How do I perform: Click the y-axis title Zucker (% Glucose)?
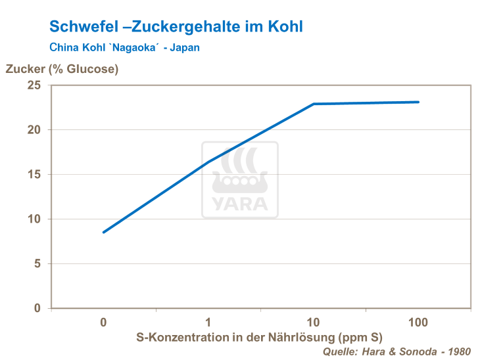tap(62, 69)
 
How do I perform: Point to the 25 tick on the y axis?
tap(34, 85)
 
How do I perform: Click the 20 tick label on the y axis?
tap(34, 130)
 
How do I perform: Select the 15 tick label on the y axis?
tap(34, 175)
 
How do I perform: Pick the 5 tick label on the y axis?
tap(37, 263)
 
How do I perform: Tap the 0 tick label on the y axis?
tap(37, 308)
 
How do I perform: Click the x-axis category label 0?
tap(103, 323)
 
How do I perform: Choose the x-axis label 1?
tap(208, 323)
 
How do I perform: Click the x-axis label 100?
tap(418, 323)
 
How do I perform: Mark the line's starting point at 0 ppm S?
tap(103, 232)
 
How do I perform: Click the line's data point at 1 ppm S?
tap(208, 162)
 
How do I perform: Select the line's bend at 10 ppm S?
tap(314, 104)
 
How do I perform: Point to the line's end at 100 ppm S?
tap(418, 102)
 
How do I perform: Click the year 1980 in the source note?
tap(458, 352)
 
